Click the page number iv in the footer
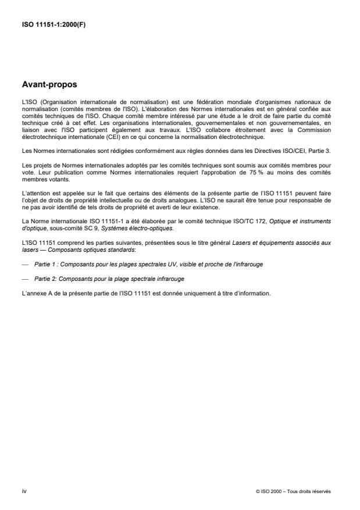(23, 491)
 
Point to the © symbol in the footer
(258, 491)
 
